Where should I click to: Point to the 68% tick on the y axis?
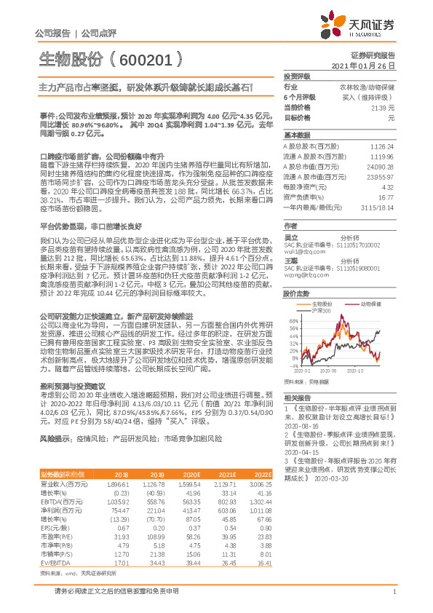(293, 299)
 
